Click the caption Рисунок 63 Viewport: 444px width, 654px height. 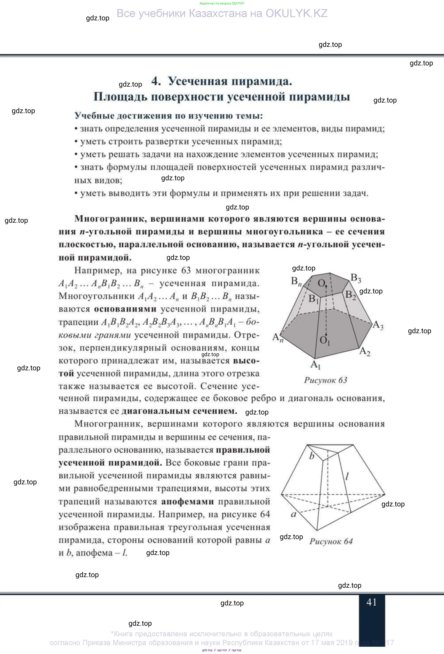click(x=325, y=380)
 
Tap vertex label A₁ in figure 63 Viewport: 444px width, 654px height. click(x=316, y=365)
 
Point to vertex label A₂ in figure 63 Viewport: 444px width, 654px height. click(x=365, y=352)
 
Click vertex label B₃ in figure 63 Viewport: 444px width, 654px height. click(x=356, y=278)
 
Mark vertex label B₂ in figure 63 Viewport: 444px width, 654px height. click(x=350, y=295)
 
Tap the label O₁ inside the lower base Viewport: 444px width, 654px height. click(x=325, y=340)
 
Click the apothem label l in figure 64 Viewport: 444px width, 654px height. click(x=347, y=476)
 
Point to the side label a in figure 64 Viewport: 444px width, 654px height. click(x=293, y=514)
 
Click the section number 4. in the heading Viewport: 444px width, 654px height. click(x=156, y=81)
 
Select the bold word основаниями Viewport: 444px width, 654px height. click(x=125, y=309)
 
